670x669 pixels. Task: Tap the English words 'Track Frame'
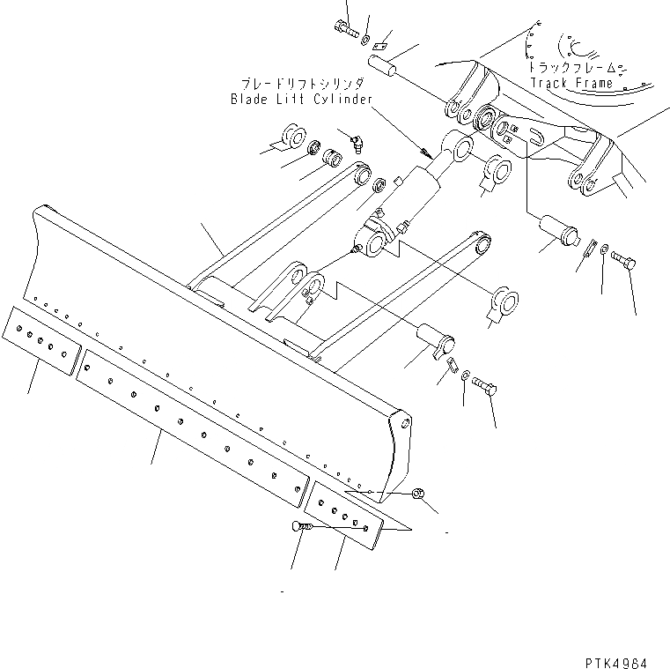point(571,84)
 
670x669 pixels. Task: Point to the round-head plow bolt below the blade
point(298,526)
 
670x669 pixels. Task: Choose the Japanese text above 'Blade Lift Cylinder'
point(298,84)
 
